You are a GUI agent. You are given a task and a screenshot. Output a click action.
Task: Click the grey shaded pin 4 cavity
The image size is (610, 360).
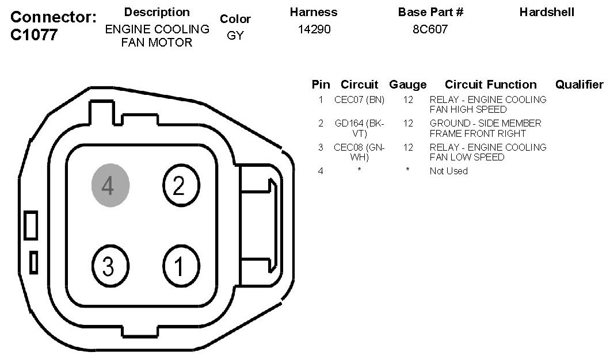tap(110, 185)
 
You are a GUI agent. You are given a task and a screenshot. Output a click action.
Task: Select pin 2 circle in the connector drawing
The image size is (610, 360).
tap(181, 185)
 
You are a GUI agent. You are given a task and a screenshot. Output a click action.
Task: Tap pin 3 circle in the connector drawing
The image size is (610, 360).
tap(110, 266)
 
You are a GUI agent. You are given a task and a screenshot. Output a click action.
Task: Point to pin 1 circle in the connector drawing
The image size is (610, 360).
tap(181, 266)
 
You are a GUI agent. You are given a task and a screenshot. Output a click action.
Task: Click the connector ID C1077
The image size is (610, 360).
tap(34, 35)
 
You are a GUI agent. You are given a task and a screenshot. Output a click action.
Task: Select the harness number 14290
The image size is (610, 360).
tap(314, 29)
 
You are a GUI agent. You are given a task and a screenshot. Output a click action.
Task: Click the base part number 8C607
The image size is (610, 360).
tap(430, 29)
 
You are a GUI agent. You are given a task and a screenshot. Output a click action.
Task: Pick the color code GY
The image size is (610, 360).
tap(235, 36)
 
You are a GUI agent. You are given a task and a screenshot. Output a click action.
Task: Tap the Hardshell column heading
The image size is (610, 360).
tap(547, 12)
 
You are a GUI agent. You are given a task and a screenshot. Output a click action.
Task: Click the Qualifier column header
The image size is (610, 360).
tap(579, 85)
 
